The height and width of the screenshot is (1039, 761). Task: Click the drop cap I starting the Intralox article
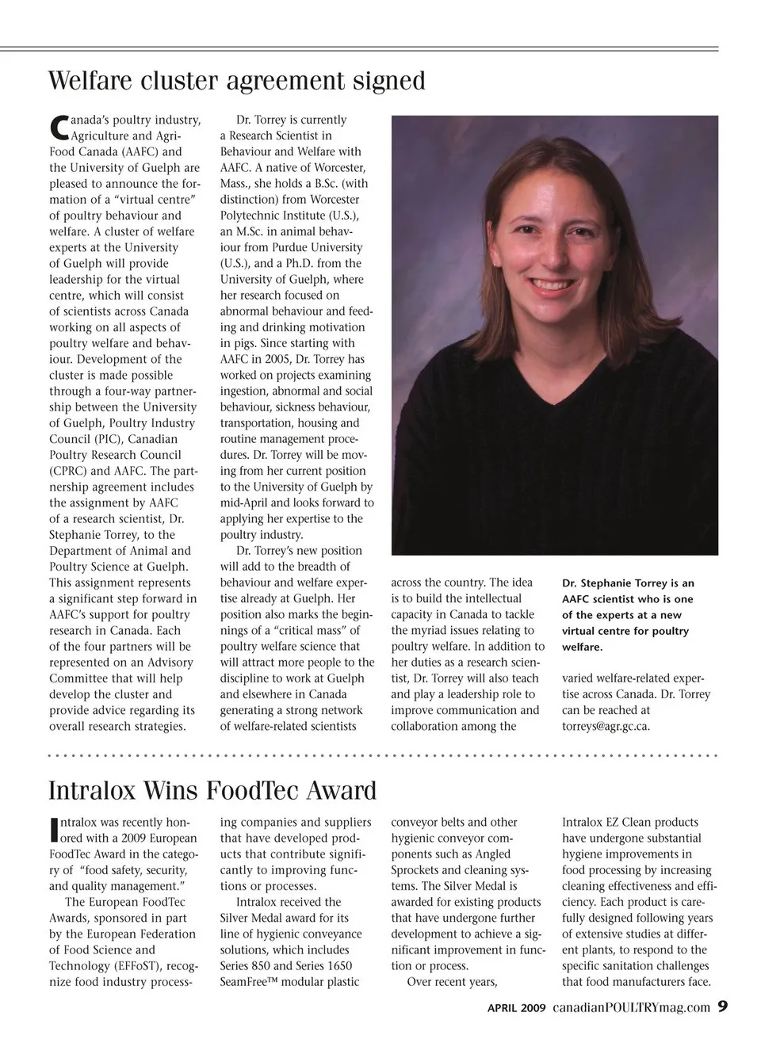52,828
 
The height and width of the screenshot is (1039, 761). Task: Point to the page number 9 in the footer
723,1007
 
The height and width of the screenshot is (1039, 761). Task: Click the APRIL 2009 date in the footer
516,1009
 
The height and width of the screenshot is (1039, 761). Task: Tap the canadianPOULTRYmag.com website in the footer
631,1008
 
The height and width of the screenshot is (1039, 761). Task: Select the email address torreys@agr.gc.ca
606,726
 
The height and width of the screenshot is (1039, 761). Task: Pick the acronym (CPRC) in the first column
71,471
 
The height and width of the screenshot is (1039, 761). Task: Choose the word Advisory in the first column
164,663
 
